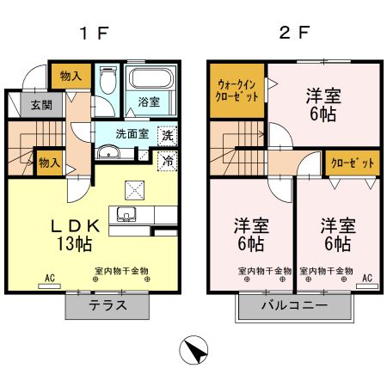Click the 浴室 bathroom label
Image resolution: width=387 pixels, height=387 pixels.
149,101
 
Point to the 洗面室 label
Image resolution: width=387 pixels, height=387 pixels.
133,134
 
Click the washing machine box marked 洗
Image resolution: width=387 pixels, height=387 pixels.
168,135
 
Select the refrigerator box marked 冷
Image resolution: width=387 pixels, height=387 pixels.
168,161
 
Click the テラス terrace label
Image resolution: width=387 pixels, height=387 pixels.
108,305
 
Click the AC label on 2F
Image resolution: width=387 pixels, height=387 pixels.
366,279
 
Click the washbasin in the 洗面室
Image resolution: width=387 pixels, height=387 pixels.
107,154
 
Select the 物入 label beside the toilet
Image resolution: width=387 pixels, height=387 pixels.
71,77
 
